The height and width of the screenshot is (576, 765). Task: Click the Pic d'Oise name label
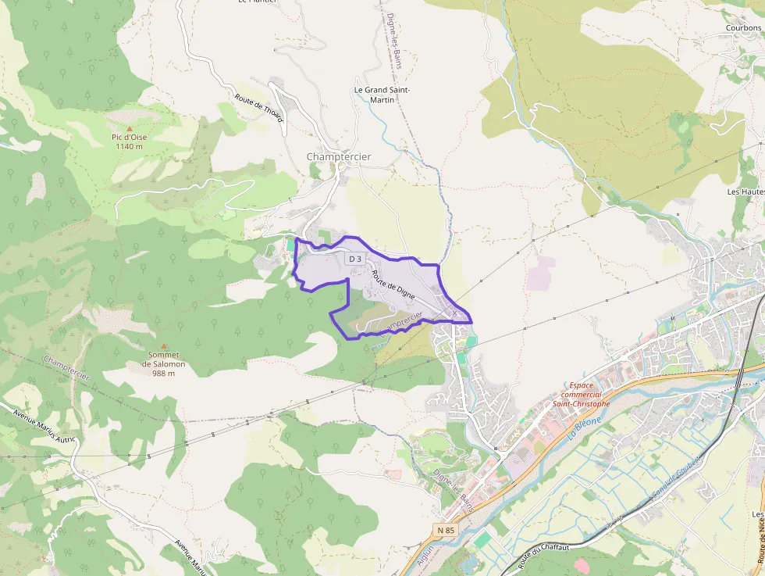click(x=129, y=137)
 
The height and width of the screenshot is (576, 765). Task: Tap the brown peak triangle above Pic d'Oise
click(x=130, y=127)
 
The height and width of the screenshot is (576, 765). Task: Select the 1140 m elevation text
click(x=129, y=146)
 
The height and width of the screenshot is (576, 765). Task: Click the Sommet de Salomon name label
click(x=163, y=360)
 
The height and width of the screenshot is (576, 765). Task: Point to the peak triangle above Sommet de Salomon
click(x=163, y=345)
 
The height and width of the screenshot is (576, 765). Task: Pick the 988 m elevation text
click(x=163, y=374)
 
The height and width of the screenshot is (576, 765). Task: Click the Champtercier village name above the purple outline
click(x=339, y=157)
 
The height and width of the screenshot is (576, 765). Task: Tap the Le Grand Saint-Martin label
click(x=382, y=95)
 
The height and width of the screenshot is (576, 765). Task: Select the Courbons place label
click(x=743, y=28)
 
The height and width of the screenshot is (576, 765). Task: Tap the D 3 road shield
click(x=355, y=258)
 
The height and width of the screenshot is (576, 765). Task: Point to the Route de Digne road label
click(x=393, y=285)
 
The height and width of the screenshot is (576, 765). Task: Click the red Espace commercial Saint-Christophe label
click(x=581, y=395)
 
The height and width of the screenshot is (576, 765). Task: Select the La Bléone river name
click(x=585, y=430)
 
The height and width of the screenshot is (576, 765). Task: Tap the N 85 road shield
click(x=445, y=530)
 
